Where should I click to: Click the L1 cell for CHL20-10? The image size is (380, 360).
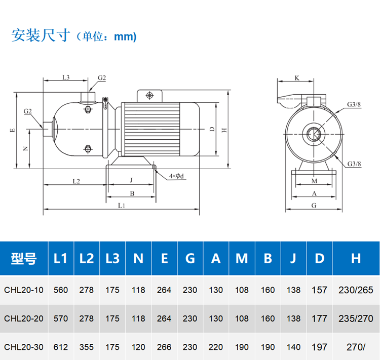[61, 290]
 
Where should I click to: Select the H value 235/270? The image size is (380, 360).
[356, 318]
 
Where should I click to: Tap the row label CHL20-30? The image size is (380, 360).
[24, 347]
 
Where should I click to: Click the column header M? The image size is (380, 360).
[242, 258]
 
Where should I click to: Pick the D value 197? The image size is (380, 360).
[319, 347]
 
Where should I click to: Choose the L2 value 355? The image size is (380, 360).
[87, 347]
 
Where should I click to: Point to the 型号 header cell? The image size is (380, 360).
[24, 258]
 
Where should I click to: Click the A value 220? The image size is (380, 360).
[216, 347]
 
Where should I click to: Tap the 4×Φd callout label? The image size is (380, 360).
[176, 176]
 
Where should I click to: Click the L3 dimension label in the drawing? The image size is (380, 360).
[66, 77]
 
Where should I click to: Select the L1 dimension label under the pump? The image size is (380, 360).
[122, 206]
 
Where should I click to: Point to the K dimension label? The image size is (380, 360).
[297, 78]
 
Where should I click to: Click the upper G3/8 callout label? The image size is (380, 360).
[354, 104]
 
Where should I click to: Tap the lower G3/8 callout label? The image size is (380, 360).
[354, 164]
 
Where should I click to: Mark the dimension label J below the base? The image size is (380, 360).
[131, 180]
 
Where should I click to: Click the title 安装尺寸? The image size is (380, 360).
[41, 35]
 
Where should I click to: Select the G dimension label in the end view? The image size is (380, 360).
[314, 206]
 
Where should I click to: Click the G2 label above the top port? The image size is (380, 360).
[102, 78]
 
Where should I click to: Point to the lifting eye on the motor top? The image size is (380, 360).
[149, 95]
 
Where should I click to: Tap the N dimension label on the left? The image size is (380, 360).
[25, 148]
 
